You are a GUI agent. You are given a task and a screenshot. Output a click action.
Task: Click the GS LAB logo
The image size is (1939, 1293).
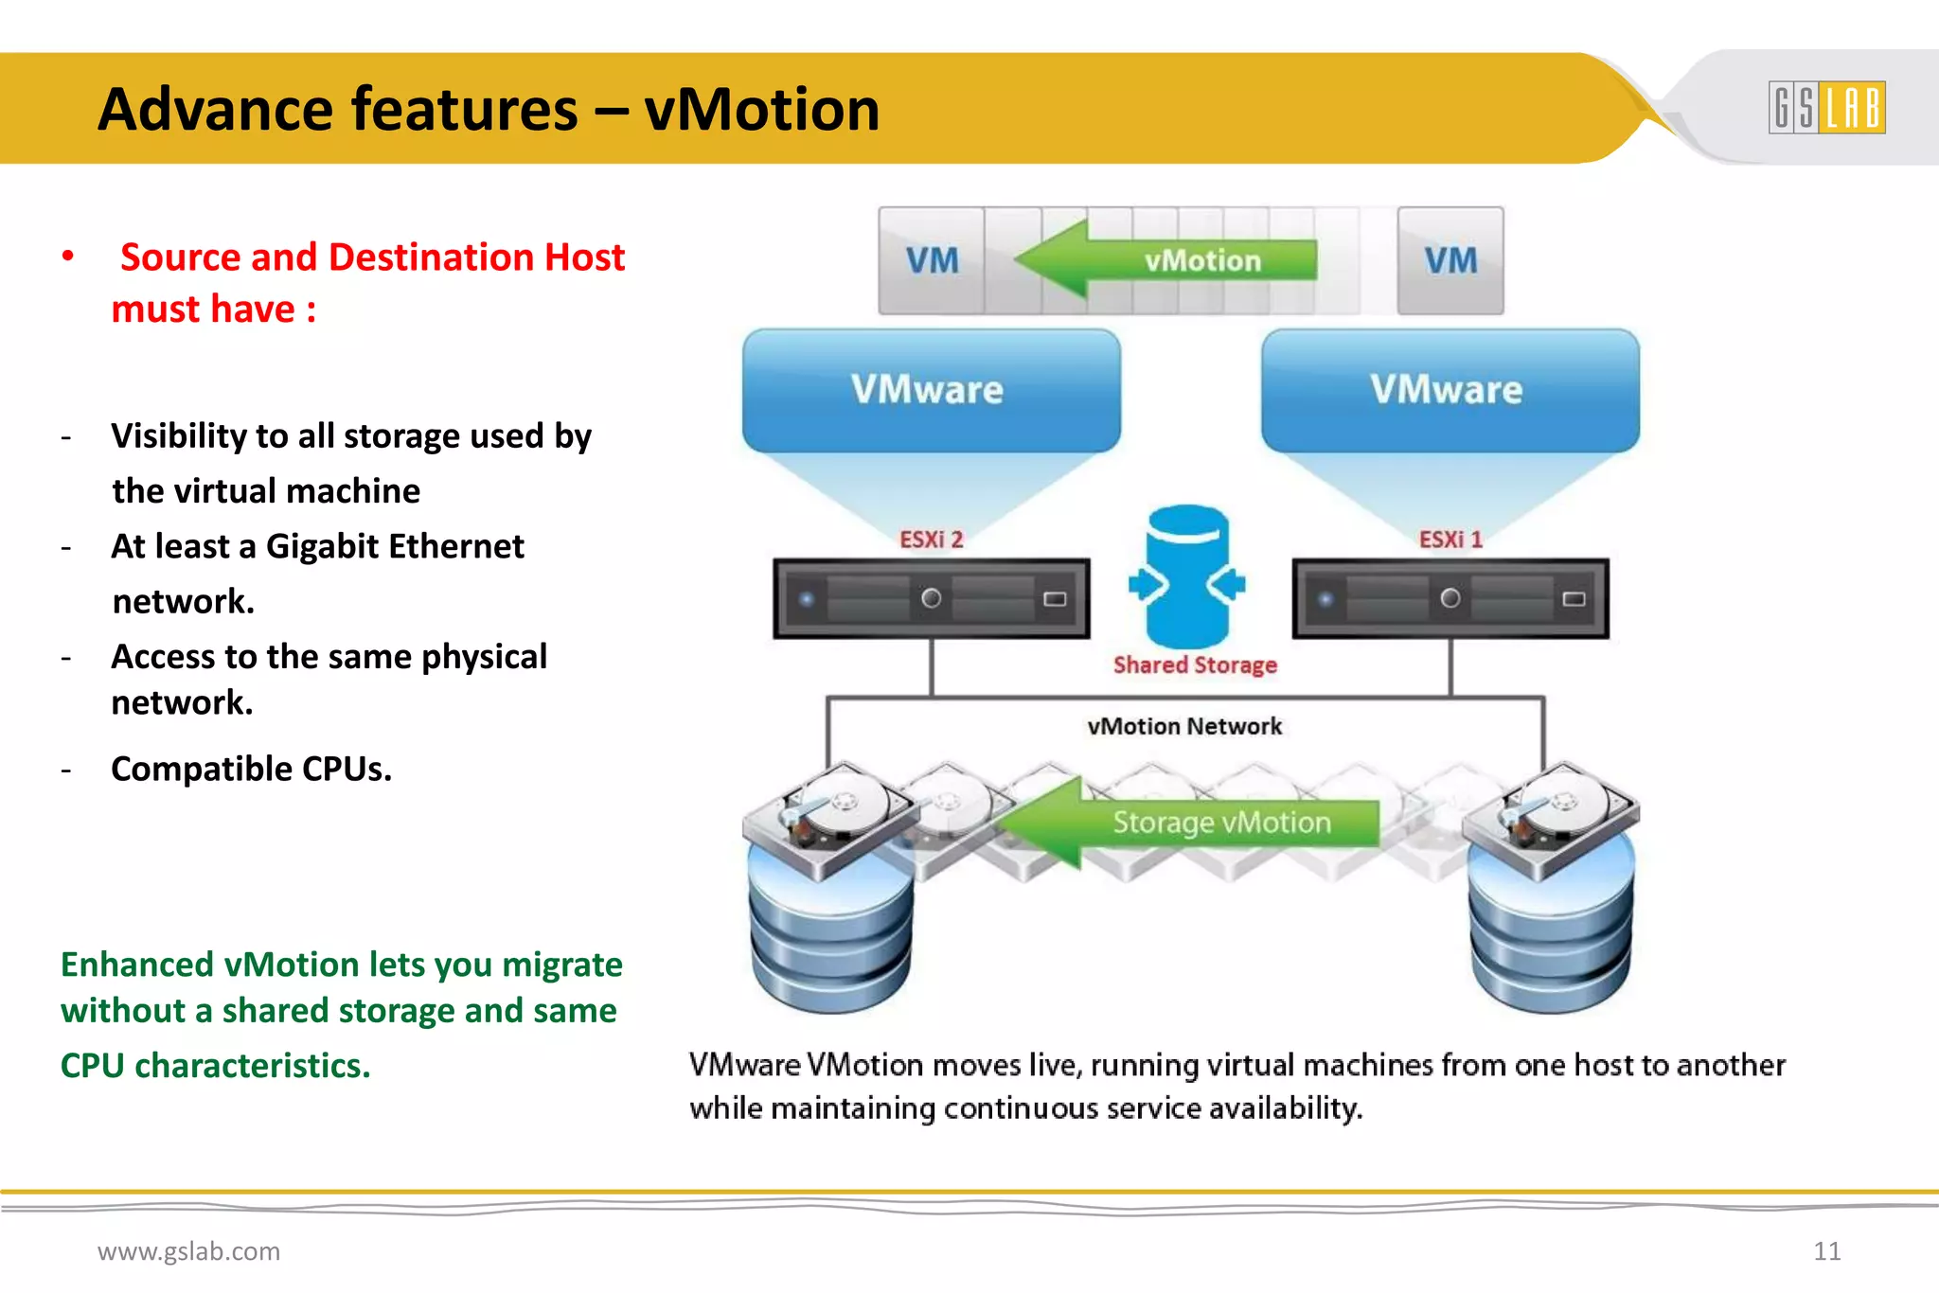point(1826,107)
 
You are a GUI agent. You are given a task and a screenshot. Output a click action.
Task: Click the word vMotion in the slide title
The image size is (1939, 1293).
point(761,109)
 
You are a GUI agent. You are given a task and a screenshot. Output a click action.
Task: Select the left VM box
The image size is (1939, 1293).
point(932,260)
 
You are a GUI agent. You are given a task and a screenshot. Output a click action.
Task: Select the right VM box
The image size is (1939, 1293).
point(1450,260)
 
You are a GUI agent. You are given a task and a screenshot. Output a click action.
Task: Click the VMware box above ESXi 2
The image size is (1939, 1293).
point(931,390)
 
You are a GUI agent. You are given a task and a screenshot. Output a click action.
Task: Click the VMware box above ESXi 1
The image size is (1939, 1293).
point(1450,390)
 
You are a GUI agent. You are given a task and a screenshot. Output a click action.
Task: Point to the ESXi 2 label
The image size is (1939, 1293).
point(931,540)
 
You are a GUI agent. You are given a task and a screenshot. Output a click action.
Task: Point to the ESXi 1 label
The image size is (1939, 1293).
point(1450,540)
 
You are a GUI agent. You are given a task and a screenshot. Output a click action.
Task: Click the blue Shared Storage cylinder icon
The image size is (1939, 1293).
point(1187,577)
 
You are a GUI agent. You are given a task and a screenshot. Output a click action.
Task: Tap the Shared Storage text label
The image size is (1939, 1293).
point(1195,665)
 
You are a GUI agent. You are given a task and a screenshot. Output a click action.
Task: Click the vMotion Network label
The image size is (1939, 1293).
point(1184,726)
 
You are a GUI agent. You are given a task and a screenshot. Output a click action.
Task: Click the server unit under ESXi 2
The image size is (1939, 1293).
point(931,598)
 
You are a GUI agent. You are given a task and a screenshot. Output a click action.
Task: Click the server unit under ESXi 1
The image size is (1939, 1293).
point(1450,598)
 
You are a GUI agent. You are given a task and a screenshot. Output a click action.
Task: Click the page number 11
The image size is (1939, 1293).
point(1826,1251)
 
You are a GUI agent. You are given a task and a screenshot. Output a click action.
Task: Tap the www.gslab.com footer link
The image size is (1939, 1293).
point(188,1251)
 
